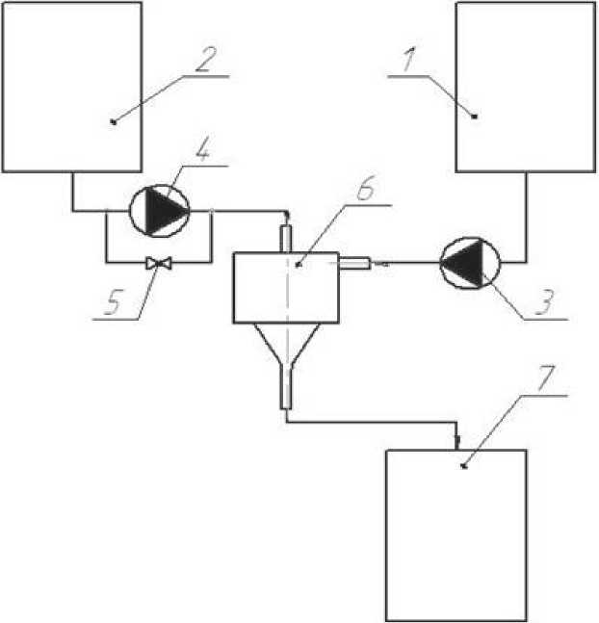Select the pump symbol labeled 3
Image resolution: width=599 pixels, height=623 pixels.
(x=468, y=261)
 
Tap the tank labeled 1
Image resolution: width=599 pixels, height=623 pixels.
(x=525, y=87)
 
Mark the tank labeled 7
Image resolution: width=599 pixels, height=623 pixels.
(x=456, y=534)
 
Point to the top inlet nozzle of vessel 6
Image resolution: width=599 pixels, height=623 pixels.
(x=286, y=235)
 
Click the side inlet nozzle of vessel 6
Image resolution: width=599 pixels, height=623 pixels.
(x=354, y=261)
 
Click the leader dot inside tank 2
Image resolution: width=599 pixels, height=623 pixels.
(x=114, y=121)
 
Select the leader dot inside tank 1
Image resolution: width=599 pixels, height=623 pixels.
(x=475, y=115)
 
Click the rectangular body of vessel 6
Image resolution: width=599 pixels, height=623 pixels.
(x=287, y=286)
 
